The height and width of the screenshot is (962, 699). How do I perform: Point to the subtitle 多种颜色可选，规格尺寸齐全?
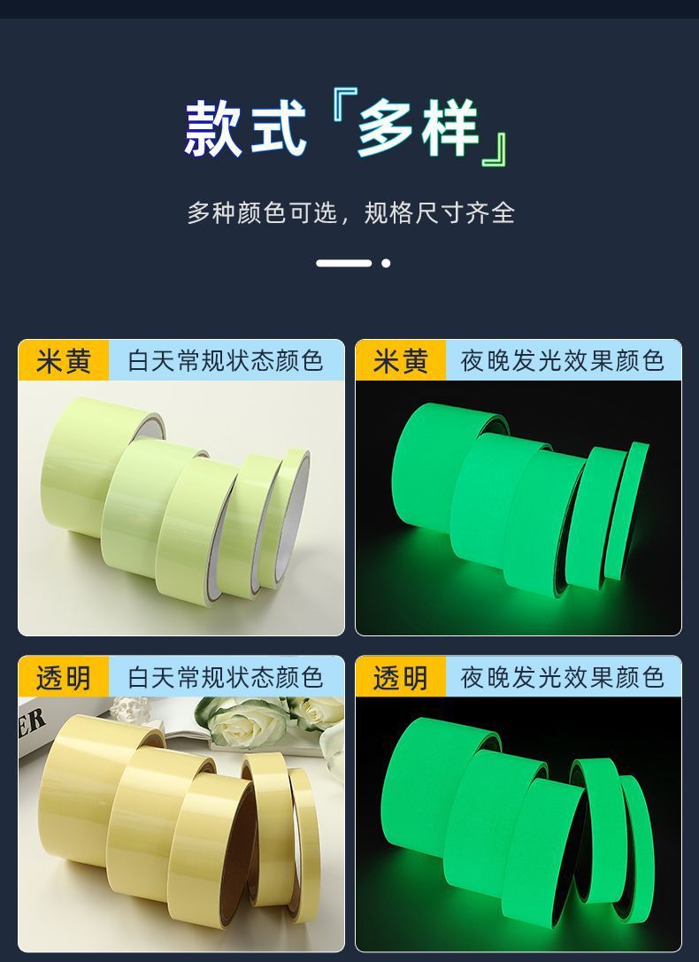350,213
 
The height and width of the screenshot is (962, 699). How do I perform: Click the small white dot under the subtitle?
386,263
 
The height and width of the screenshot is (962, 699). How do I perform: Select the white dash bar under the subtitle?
344,263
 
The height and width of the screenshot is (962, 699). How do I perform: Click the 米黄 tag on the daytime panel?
63,360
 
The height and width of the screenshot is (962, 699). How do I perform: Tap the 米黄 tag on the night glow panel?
401,360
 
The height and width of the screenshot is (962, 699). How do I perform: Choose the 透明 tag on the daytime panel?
63,677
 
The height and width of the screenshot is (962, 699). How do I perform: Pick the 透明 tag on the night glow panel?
401,677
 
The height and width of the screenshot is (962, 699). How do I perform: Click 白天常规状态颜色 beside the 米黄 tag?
225,361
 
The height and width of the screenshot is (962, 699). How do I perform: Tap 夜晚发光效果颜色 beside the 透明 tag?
562,677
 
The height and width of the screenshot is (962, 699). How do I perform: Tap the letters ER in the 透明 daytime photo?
31,723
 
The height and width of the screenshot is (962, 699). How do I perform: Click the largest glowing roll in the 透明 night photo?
429,785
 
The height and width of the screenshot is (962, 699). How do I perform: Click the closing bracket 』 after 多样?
495,150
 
